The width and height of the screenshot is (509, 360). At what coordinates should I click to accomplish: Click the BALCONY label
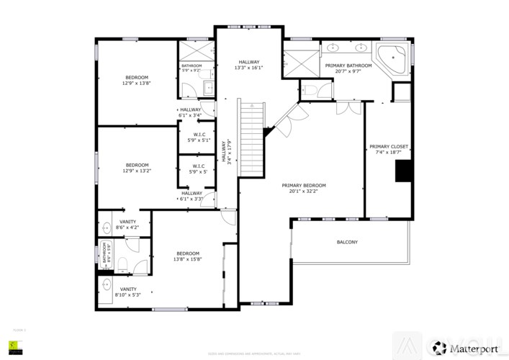point(347,242)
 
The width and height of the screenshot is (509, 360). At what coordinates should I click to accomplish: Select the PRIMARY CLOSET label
point(389,147)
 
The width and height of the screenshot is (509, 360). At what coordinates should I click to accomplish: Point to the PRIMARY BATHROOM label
point(348,66)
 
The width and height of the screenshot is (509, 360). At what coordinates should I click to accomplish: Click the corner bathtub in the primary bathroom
point(392,57)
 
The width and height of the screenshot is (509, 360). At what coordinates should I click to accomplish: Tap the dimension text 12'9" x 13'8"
point(137,84)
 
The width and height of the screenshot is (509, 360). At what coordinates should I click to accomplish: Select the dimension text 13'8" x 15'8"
point(187,259)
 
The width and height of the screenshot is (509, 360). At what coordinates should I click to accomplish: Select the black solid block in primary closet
point(403,171)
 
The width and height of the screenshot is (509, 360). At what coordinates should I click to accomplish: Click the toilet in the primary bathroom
point(308,91)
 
